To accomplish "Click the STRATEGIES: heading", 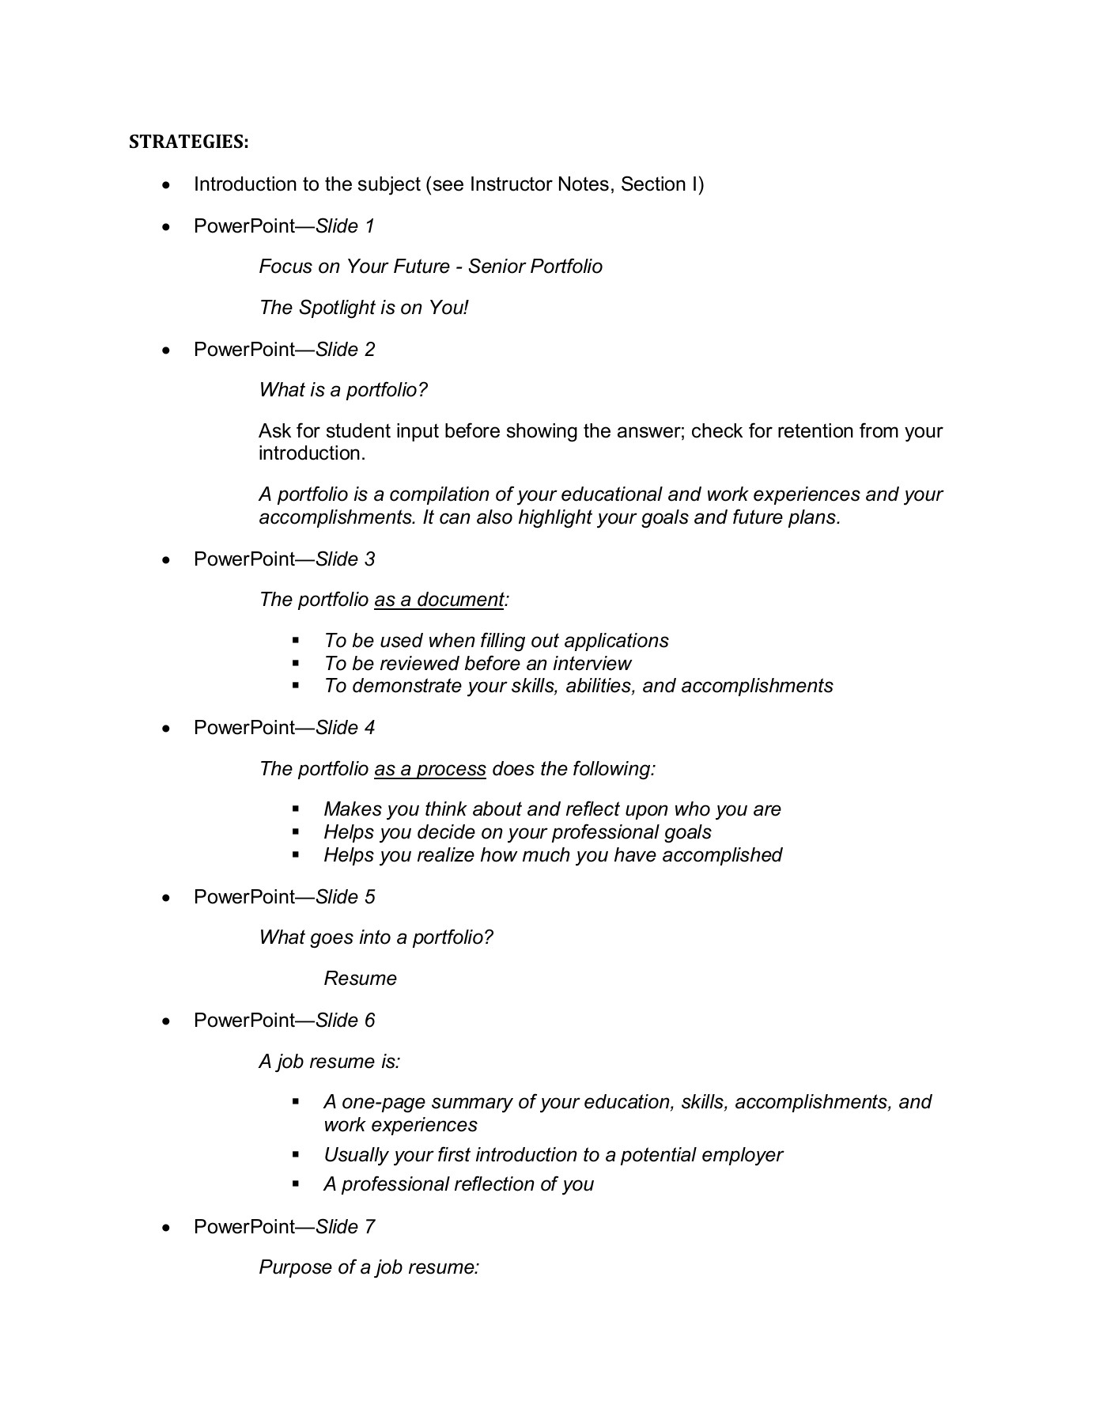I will tap(189, 142).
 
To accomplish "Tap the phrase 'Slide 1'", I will tap(345, 226).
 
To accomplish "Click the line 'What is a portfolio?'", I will tap(343, 390).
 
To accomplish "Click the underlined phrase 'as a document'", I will tap(439, 600).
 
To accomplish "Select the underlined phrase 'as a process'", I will tap(430, 769).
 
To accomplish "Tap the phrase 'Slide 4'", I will tap(345, 728).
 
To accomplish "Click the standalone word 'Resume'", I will tap(360, 979).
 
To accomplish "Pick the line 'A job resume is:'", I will tap(330, 1062).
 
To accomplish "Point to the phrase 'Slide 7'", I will tap(345, 1227).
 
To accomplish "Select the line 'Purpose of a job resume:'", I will tap(369, 1267).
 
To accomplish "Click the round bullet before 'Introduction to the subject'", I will tap(165, 186).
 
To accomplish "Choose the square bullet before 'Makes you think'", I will tap(296, 809).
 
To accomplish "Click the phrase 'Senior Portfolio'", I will tap(535, 267).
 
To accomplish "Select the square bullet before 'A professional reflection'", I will tap(296, 1184).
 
